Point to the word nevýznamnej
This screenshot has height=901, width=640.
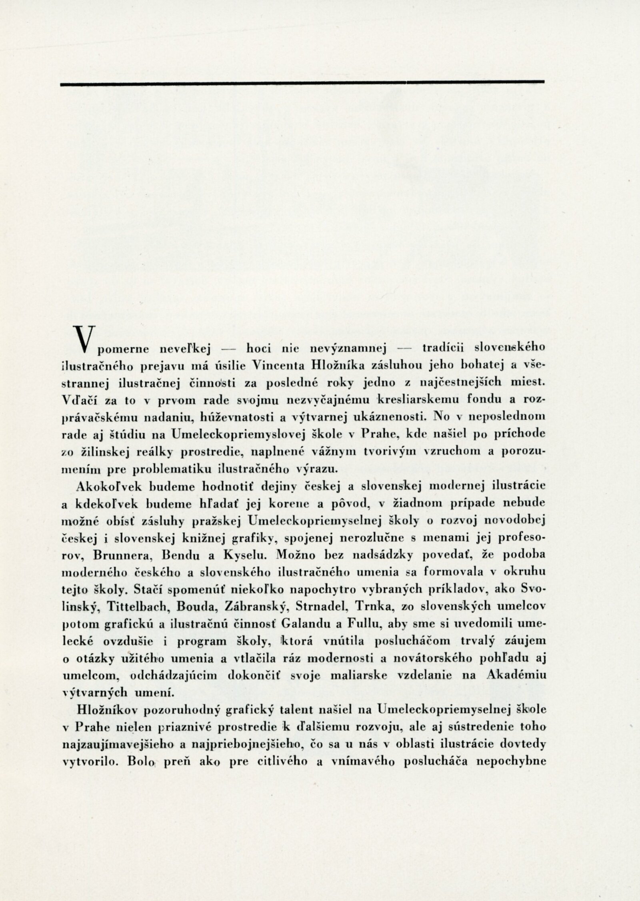pos(347,349)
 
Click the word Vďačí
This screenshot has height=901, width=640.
pos(78,399)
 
